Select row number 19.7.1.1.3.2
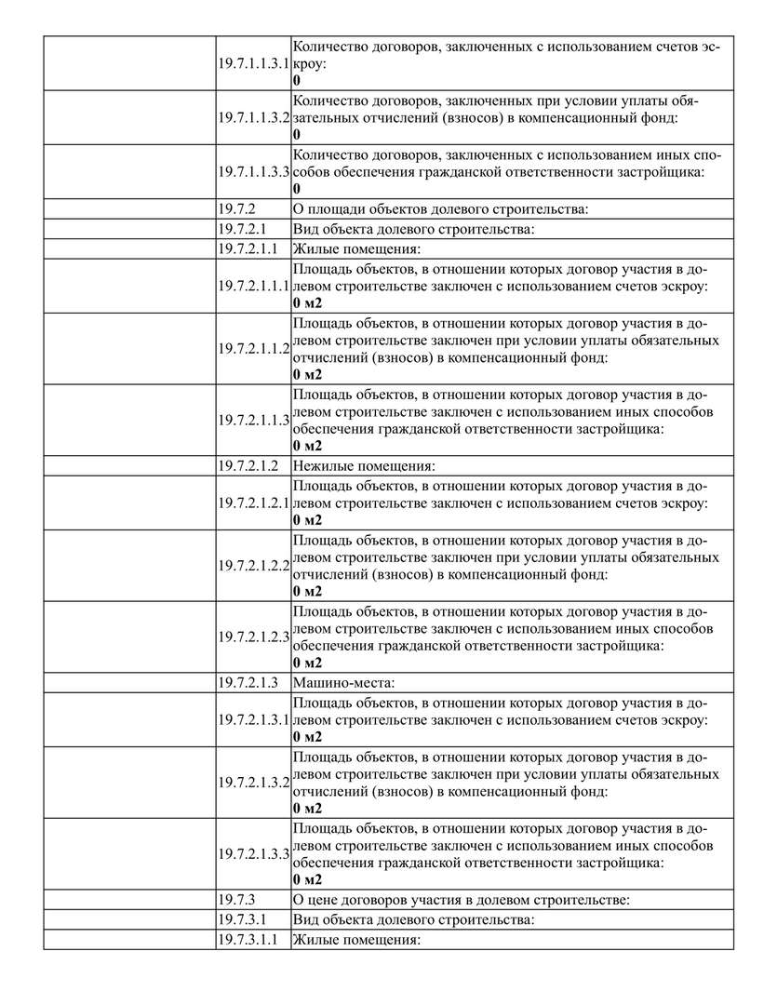pos(254,118)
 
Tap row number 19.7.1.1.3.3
pos(254,172)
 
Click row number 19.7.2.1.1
pos(248,248)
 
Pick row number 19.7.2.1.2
pos(248,465)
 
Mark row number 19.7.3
pos(236,900)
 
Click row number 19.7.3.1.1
pos(248,940)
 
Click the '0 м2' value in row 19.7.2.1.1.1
pos(307,302)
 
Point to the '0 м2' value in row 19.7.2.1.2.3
pos(307,663)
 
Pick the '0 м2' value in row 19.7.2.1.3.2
pos(307,808)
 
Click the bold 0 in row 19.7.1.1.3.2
pos(297,135)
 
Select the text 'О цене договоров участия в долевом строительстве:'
pos(462,900)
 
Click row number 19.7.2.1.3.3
pos(254,853)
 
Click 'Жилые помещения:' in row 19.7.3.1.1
pos(357,940)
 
